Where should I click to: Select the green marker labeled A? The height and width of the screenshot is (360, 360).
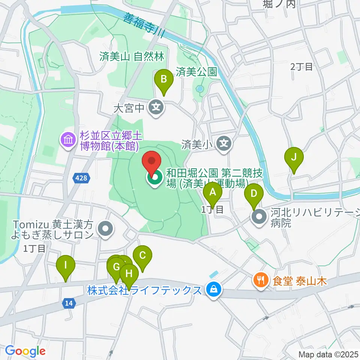tap(213, 193)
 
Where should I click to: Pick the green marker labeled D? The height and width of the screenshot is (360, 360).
tap(254, 194)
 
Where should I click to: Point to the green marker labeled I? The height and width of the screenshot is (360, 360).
tap(66, 266)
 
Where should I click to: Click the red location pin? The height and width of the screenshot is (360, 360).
tap(152, 162)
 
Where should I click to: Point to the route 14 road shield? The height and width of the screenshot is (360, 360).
tap(68, 303)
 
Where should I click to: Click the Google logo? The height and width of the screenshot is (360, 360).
tap(25, 351)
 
